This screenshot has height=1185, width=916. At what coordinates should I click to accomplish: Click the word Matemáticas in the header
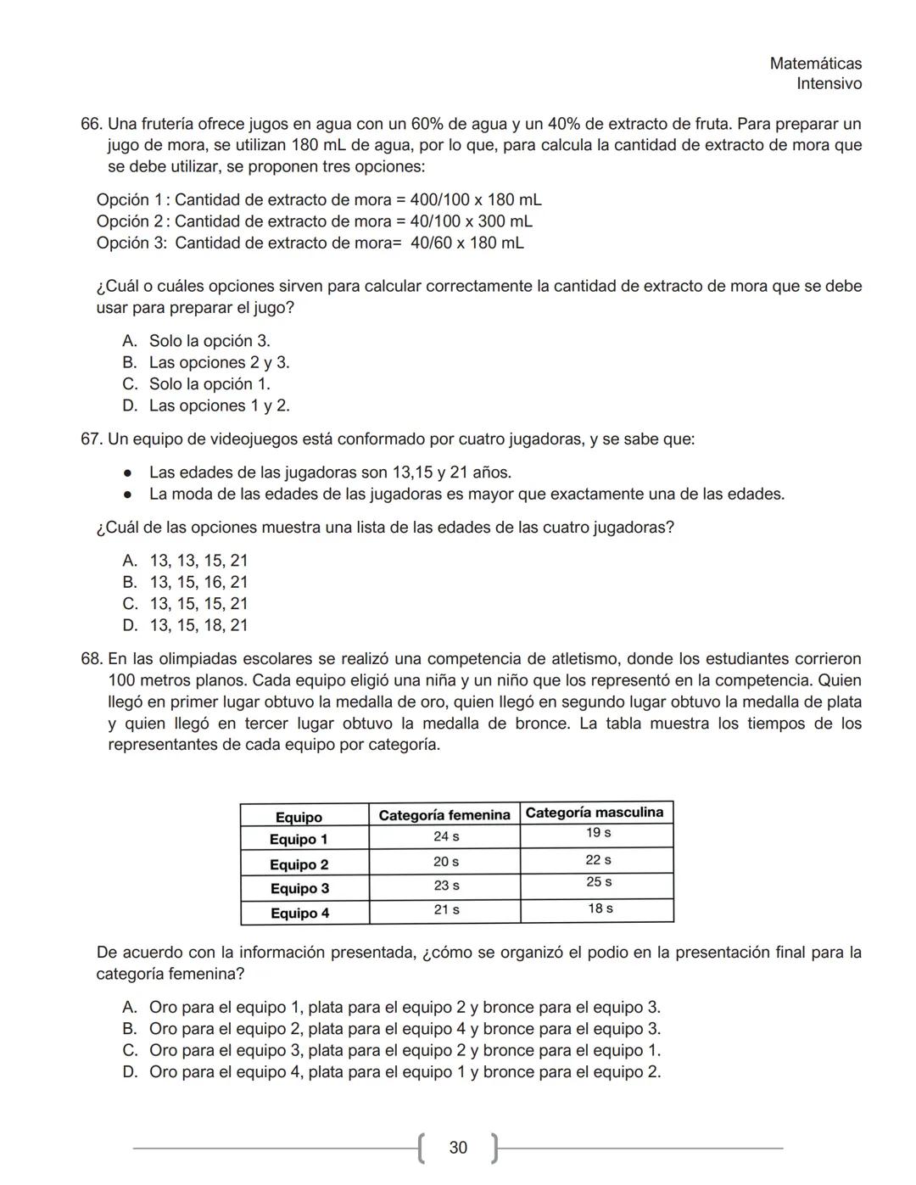[x=815, y=64]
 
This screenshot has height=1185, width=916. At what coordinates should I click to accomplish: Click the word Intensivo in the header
[x=829, y=84]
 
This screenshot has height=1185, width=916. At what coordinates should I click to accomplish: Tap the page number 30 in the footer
[x=458, y=1148]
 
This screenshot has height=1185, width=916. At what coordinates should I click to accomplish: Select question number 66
[x=92, y=124]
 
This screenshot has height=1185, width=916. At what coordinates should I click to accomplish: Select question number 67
[x=92, y=439]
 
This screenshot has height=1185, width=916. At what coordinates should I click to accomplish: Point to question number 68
[x=92, y=659]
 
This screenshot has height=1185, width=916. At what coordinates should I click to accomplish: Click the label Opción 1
[x=130, y=200]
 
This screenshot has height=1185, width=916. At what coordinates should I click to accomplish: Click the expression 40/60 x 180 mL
[x=466, y=243]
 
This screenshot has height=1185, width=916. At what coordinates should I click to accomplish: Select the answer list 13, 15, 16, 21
[x=198, y=583]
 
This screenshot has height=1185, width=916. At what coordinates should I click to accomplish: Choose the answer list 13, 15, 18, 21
[x=198, y=625]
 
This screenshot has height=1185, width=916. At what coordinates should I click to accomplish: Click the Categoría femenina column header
[x=444, y=815]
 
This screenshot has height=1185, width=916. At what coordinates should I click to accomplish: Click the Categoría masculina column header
[x=595, y=813]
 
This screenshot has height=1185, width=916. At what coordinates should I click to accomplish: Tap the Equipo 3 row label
[x=299, y=889]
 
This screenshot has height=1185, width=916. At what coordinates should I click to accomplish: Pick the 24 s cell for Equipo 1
[x=446, y=836]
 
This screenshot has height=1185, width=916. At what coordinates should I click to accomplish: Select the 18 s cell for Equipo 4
[x=600, y=908]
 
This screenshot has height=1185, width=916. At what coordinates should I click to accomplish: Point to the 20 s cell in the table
[x=446, y=862]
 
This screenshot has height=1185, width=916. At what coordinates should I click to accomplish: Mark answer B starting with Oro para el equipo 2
[x=404, y=1029]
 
